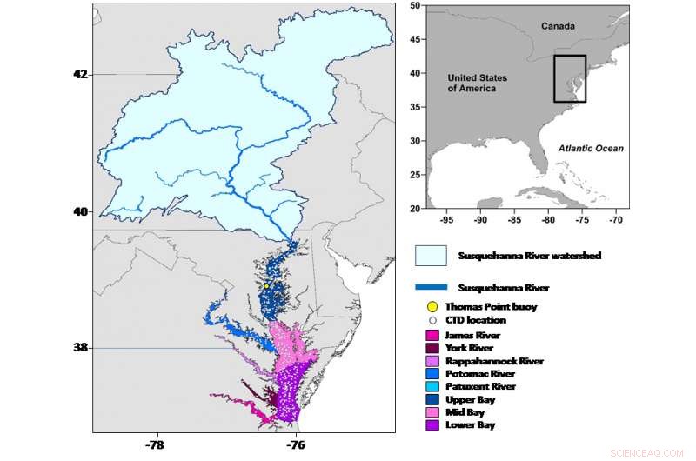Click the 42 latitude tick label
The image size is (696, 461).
80,74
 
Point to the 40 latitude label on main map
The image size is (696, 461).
80,211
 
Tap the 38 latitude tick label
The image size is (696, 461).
80,347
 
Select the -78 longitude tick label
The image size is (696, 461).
157,444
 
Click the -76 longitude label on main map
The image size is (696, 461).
296,444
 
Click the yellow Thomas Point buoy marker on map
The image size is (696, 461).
266,285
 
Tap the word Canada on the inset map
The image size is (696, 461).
558,26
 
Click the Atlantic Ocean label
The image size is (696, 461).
591,149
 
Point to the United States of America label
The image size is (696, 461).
478,83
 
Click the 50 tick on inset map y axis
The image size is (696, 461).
416,5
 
